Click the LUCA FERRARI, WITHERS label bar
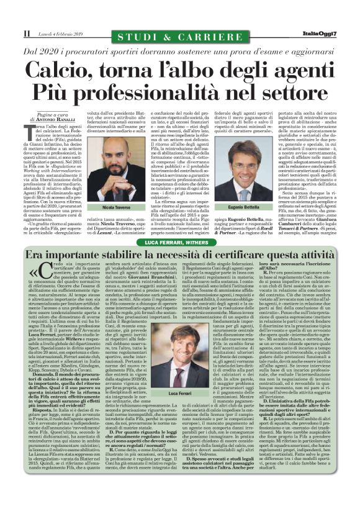[179, 242]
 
